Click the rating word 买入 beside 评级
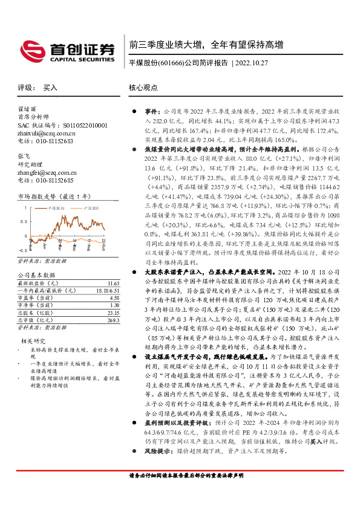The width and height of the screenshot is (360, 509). (x=50, y=88)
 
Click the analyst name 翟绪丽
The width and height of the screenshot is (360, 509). (x=27, y=109)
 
